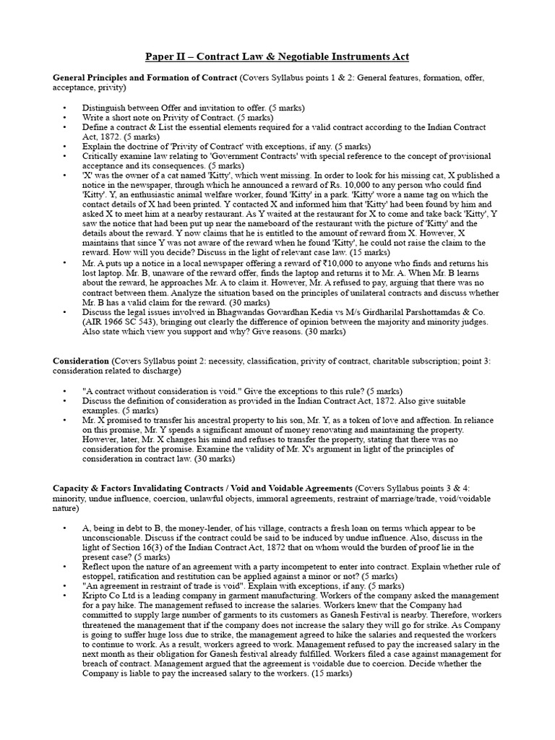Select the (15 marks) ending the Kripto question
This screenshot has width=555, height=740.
point(331,672)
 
